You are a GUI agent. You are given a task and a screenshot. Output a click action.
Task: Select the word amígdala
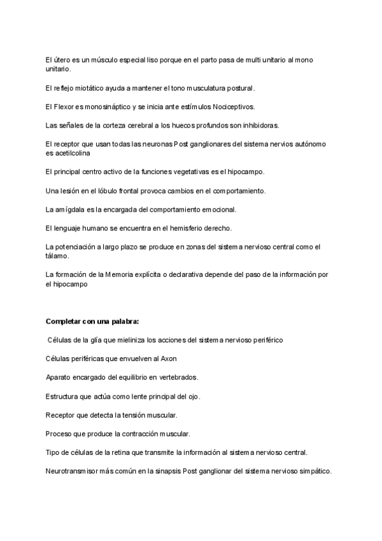pyautogui.click(x=67, y=209)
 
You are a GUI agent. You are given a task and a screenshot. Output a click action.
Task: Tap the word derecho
pyautogui.click(x=216, y=228)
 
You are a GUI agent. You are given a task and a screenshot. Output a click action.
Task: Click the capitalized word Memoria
pyautogui.click(x=120, y=274)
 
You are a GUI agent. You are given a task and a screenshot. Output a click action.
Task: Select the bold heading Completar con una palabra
pyautogui.click(x=92, y=320)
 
